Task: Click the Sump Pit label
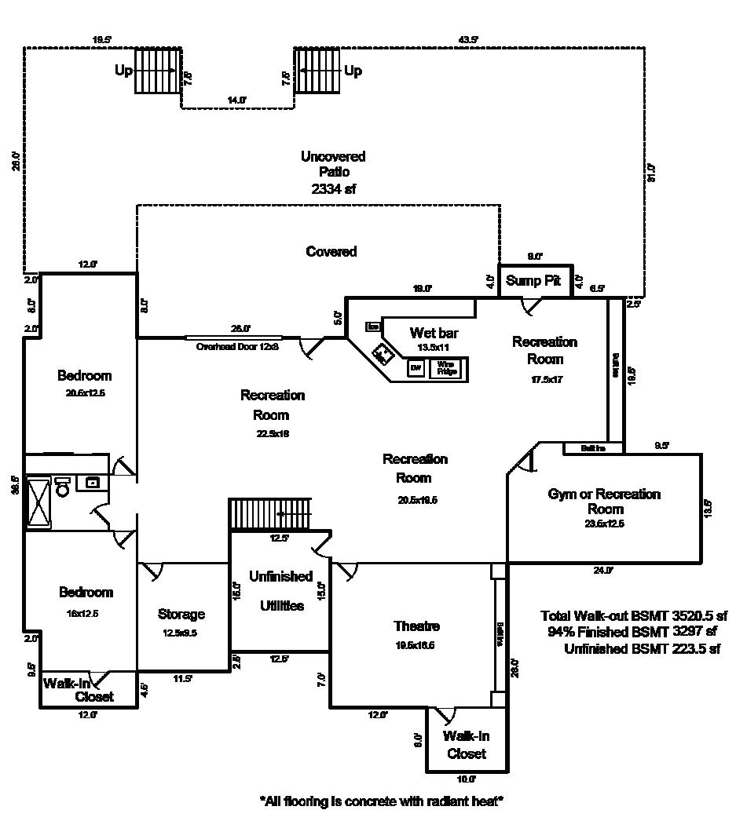533,281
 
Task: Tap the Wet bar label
434,334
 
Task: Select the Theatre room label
416,626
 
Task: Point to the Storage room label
181,615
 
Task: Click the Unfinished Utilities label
280,591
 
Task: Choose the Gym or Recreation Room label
604,501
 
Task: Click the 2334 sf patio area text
332,189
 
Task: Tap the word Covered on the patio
331,252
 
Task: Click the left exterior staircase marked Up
158,71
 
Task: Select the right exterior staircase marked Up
317,71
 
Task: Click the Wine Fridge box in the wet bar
445,367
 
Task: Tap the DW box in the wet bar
416,367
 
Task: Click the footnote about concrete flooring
381,801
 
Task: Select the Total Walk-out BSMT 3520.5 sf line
634,615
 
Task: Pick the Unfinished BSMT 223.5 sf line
642,649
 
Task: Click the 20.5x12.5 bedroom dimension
85,392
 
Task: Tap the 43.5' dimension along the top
468,38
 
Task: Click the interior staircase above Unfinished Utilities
270,514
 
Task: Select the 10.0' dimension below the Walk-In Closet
466,779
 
